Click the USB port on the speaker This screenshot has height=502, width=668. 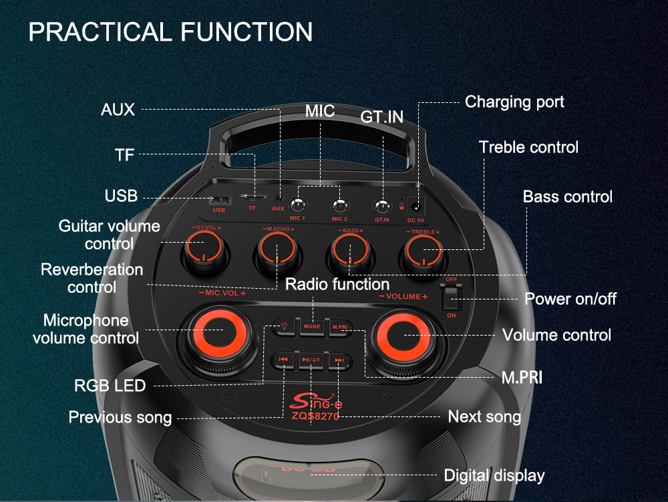pyautogui.click(x=219, y=201)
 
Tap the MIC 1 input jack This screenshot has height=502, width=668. pyautogui.click(x=297, y=205)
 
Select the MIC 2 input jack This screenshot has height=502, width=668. pyautogui.click(x=339, y=205)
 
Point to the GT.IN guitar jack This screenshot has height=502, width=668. pyautogui.click(x=382, y=206)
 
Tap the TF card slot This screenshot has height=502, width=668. pyautogui.click(x=253, y=198)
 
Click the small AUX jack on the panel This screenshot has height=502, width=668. pyautogui.click(x=278, y=199)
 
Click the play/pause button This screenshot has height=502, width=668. pyautogui.click(x=311, y=360)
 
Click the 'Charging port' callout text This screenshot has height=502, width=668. pyautogui.click(x=514, y=102)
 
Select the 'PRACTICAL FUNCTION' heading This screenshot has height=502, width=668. pyautogui.click(x=170, y=32)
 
